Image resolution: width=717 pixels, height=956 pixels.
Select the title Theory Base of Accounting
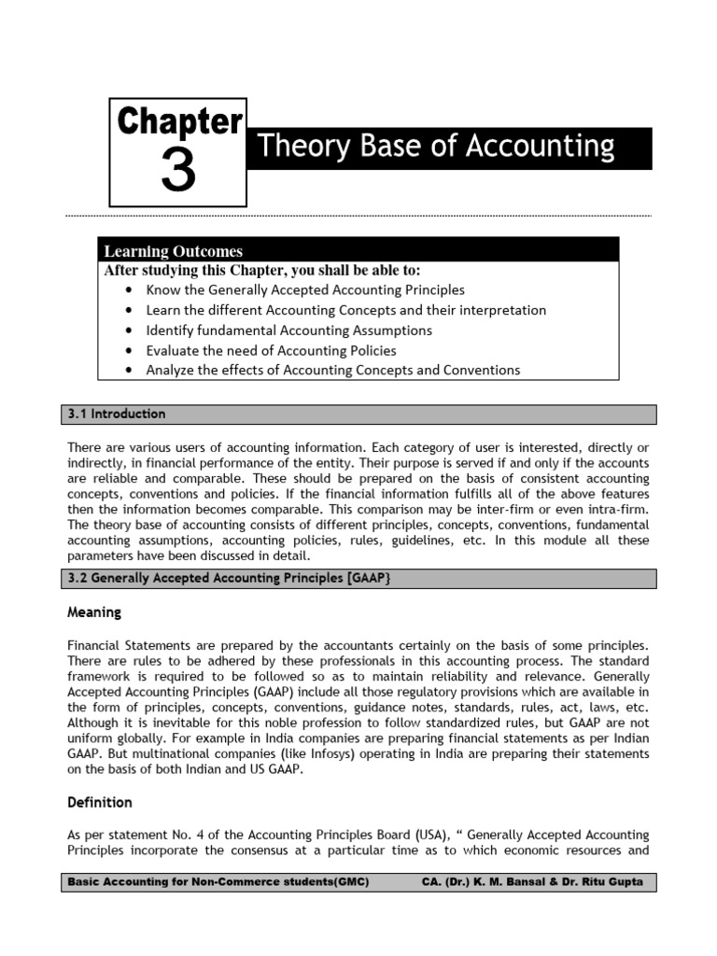coord(435,147)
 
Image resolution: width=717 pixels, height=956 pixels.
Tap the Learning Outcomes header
coord(173,251)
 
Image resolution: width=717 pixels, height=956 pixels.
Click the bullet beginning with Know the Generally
coord(304,290)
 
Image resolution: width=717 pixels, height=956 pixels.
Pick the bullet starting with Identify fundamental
coord(288,330)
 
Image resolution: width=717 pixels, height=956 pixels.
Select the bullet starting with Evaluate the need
coord(271,350)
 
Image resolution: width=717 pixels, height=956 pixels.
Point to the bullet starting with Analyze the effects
coord(332,370)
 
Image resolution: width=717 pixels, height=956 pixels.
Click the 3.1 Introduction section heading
coord(118,414)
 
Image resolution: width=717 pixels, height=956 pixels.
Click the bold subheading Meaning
coord(94,613)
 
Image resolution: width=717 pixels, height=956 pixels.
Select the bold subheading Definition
coord(100,802)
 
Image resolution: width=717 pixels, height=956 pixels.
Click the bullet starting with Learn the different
coord(345,310)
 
